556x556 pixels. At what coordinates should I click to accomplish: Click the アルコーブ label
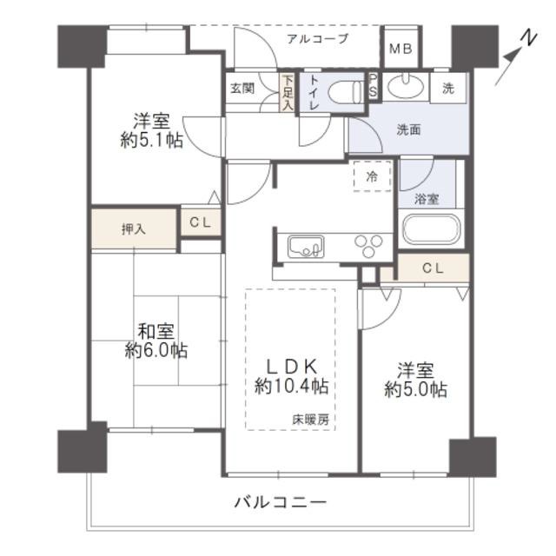318,38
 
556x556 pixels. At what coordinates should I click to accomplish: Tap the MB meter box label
400,49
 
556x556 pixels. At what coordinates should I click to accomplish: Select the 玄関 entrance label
242,89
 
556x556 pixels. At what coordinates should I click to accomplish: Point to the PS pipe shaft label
373,86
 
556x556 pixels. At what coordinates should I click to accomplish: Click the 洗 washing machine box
448,89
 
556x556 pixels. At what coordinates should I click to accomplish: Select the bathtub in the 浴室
429,229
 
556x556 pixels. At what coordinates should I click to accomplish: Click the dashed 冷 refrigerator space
372,176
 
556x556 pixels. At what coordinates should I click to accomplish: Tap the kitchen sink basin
305,247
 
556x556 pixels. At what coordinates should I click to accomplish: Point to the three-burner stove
367,245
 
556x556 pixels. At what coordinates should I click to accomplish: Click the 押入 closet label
134,229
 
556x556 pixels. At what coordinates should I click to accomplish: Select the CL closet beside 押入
201,222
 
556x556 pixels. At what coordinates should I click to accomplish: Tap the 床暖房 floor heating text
310,420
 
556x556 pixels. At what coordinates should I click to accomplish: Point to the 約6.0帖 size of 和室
156,350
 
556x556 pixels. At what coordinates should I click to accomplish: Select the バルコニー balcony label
280,502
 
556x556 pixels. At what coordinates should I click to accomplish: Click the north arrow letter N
529,38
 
